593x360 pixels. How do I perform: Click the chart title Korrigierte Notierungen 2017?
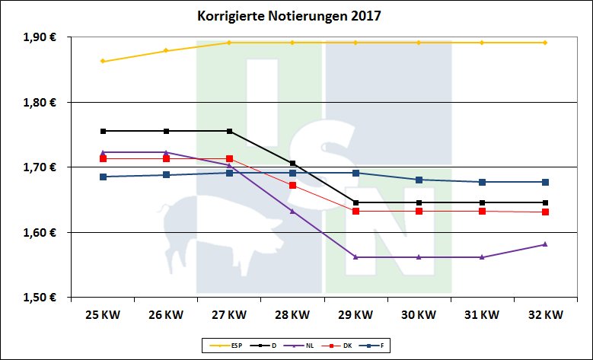(295, 15)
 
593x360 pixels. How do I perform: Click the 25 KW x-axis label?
(102, 314)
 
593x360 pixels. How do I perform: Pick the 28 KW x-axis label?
(292, 314)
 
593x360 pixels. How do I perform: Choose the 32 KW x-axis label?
(545, 314)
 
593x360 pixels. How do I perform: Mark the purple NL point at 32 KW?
(545, 244)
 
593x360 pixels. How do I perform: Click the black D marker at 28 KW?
(293, 164)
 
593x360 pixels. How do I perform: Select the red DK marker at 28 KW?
(293, 185)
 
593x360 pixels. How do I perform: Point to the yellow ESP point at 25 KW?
(103, 62)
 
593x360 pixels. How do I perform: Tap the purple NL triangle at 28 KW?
(293, 210)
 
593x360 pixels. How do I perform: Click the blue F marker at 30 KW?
(419, 180)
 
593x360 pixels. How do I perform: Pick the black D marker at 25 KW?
(103, 131)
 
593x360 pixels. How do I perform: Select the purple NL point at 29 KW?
(356, 257)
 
